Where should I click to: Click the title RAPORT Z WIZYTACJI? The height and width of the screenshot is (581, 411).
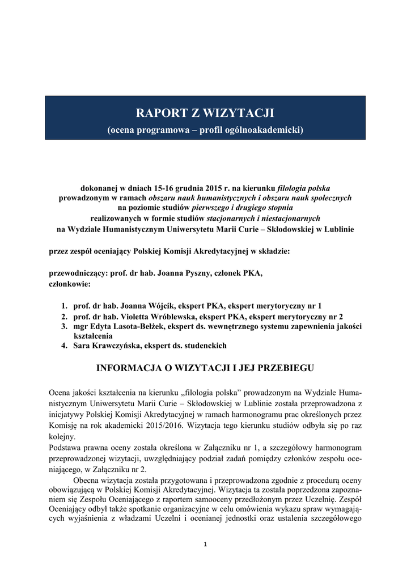(205, 113)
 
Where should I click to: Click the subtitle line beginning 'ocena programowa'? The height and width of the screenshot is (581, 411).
(205, 130)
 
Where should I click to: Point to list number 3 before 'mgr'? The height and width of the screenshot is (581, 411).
(65, 326)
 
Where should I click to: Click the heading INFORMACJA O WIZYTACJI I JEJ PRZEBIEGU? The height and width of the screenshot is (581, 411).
(205, 368)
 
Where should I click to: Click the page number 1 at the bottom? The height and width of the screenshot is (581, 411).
(205, 545)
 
